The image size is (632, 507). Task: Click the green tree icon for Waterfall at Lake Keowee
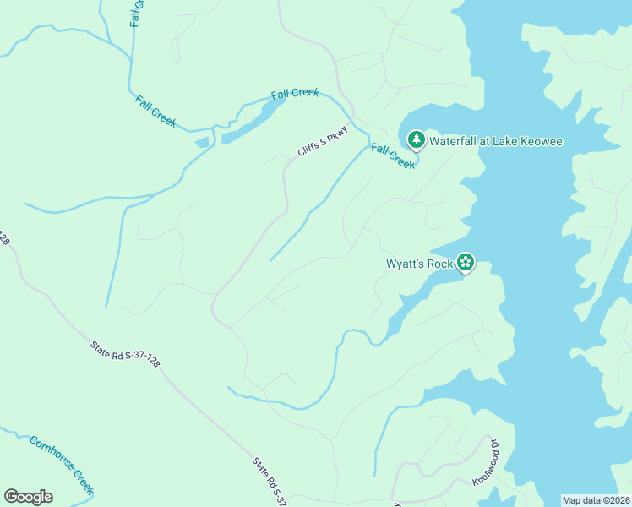(416, 139)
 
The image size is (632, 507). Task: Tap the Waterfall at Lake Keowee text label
(495, 141)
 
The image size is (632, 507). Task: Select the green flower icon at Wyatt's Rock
(465, 263)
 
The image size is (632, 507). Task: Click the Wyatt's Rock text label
(420, 264)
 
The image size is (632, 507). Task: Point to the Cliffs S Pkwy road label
(323, 141)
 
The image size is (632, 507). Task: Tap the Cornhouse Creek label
(62, 466)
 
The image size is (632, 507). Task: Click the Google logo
(28, 497)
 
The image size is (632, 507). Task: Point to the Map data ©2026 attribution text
(596, 499)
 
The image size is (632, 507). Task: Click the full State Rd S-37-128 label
(125, 353)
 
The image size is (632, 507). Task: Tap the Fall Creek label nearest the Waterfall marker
(393, 156)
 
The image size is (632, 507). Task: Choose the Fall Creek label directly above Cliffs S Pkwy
(295, 93)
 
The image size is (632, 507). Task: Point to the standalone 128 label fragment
(4, 237)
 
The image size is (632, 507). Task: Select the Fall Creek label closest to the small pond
(155, 111)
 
